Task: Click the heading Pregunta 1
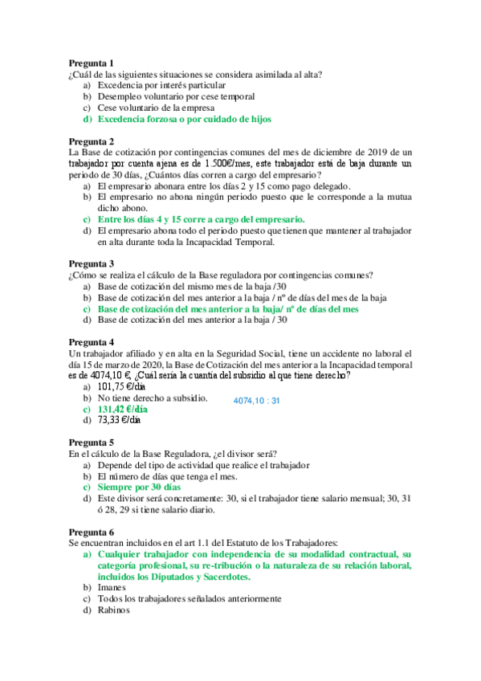point(91,63)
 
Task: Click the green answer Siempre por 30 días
point(139,487)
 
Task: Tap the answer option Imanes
point(112,588)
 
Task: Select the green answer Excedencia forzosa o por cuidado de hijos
point(184,119)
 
